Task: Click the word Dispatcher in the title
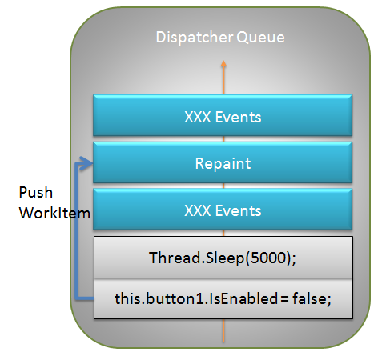tap(194, 38)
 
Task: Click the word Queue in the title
tap(260, 38)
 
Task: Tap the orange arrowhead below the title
tap(223, 64)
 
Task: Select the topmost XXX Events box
tap(223, 115)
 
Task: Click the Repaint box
tap(223, 162)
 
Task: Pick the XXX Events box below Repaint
tap(223, 210)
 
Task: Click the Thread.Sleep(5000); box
tap(223, 257)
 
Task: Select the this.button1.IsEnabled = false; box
tap(223, 298)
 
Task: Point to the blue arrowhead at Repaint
tap(85, 163)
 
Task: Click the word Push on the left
tap(36, 192)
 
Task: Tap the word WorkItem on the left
tap(54, 214)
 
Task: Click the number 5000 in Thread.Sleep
tap(268, 258)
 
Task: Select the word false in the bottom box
tap(310, 298)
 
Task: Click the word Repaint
tap(223, 163)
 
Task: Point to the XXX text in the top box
tap(198, 117)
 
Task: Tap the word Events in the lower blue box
tap(238, 210)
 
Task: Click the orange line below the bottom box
tap(223, 330)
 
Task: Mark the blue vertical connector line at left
tap(77, 231)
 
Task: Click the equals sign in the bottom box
tap(284, 298)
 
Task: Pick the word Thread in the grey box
tap(175, 258)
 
